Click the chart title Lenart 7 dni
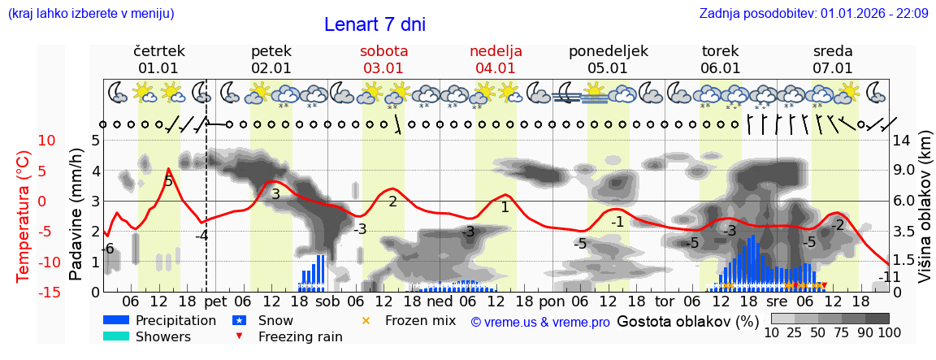pos(375,24)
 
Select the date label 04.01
pos(496,68)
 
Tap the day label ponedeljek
pos(608,51)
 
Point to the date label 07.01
pos(833,68)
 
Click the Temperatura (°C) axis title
pos(24,215)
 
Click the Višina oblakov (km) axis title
pos(925,215)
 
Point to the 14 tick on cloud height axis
pos(902,140)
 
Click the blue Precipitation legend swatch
pos(116,320)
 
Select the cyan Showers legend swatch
pos(116,336)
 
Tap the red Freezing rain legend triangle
pos(238,336)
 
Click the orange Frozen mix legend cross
pos(366,320)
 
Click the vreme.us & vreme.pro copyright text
pos(540,322)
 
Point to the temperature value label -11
pos(889,277)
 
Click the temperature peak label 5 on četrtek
pos(168,181)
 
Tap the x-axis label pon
pos(552,301)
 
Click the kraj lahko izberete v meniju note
pos(90,13)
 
